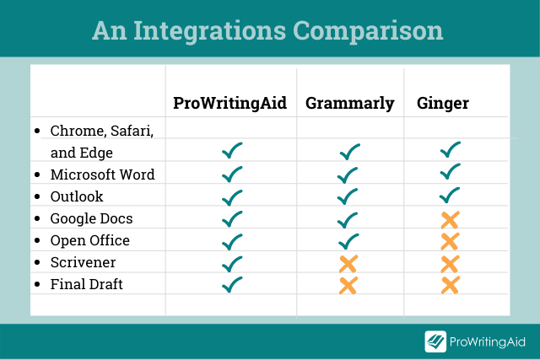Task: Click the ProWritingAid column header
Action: click(229, 103)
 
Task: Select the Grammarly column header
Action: click(350, 103)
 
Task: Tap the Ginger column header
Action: click(443, 103)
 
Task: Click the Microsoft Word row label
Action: click(102, 175)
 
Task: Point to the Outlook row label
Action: click(77, 196)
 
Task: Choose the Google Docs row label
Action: click(91, 218)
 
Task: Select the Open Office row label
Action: click(90, 240)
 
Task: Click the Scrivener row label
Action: click(83, 262)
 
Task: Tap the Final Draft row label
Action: click(86, 284)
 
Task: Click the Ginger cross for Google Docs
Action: click(450, 220)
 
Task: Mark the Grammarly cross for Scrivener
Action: click(348, 264)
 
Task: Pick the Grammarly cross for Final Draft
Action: click(348, 285)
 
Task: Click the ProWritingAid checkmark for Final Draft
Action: click(232, 285)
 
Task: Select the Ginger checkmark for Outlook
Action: click(450, 195)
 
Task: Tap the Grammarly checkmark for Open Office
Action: click(348, 241)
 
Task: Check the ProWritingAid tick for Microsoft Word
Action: click(232, 175)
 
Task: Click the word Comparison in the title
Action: click(368, 31)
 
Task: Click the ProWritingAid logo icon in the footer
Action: click(435, 341)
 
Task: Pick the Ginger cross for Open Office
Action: click(450, 241)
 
